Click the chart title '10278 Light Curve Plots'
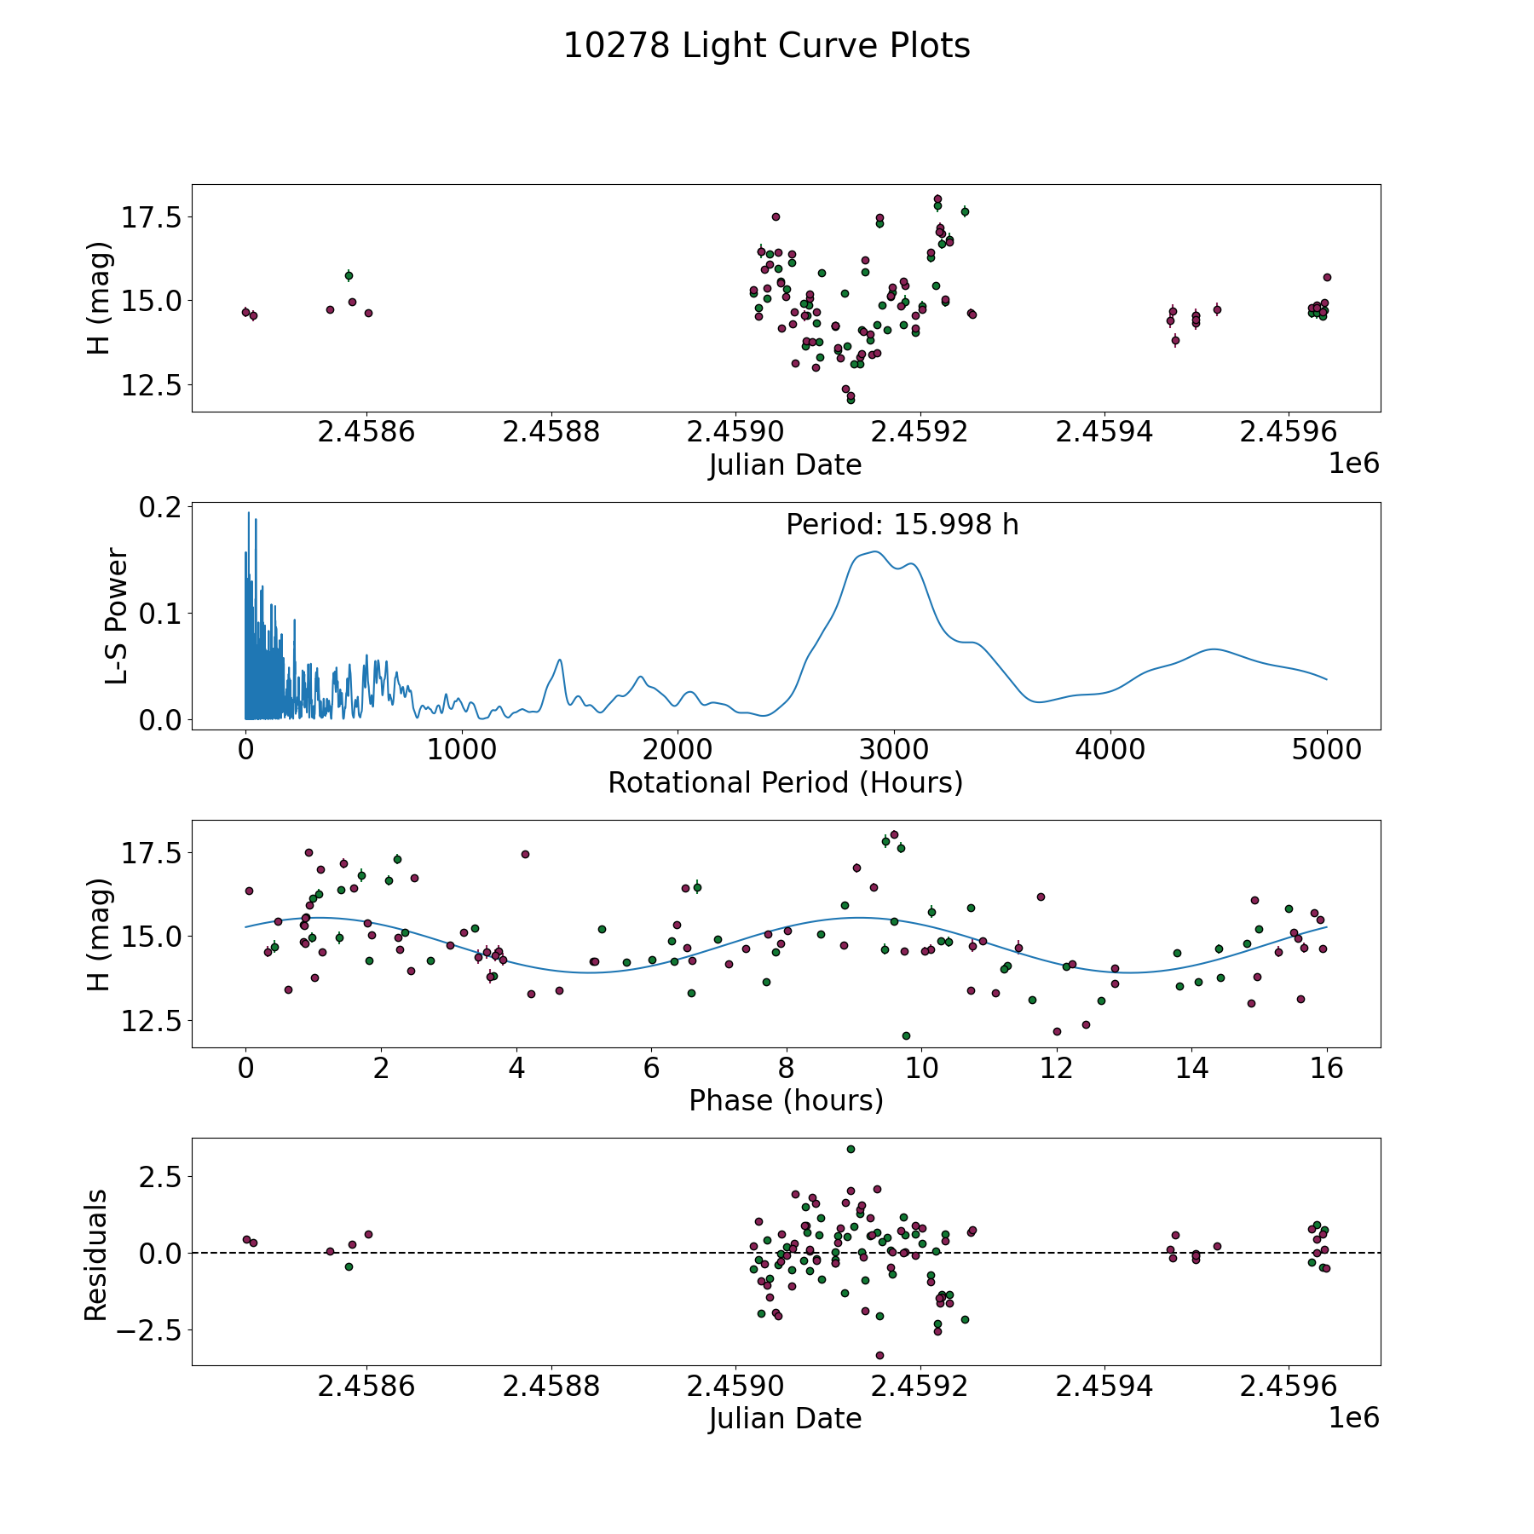pyautogui.click(x=766, y=46)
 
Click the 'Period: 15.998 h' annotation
pyautogui.click(x=902, y=525)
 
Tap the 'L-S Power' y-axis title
pyautogui.click(x=117, y=616)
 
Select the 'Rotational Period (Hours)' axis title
pyautogui.click(x=785, y=782)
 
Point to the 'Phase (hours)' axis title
pyautogui.click(x=786, y=1100)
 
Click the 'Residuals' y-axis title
pyautogui.click(x=96, y=1254)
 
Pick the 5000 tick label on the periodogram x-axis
pyautogui.click(x=1326, y=750)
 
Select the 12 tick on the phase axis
pyautogui.click(x=1056, y=1068)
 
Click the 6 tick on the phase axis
pyautogui.click(x=651, y=1068)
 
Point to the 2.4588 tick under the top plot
pyautogui.click(x=551, y=432)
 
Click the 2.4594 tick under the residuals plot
pyautogui.click(x=1104, y=1386)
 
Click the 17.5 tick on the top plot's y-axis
pyautogui.click(x=150, y=218)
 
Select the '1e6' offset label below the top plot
pyautogui.click(x=1353, y=464)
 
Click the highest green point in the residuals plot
pyautogui.click(x=851, y=1149)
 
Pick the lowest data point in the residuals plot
pyautogui.click(x=879, y=1355)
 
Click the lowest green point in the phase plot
pyautogui.click(x=906, y=1035)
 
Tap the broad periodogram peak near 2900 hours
pyautogui.click(x=875, y=552)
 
